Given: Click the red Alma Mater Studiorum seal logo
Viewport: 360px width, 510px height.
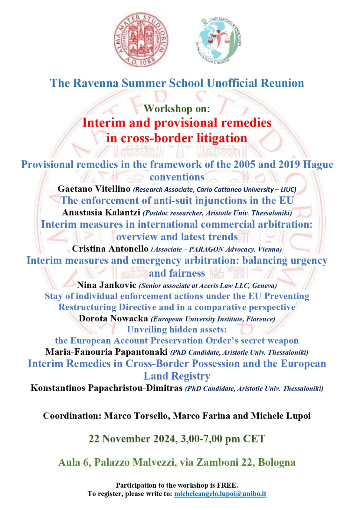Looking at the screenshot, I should tap(141, 40).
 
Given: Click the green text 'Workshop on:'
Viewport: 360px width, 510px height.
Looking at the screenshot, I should tap(177, 109).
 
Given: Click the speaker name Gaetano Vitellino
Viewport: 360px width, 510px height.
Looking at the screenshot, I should tap(94, 189).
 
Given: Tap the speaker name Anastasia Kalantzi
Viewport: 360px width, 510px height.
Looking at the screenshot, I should tap(101, 212).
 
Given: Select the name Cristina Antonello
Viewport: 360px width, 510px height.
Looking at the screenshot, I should tap(110, 249).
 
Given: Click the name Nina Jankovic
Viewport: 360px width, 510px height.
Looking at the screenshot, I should tap(106, 285).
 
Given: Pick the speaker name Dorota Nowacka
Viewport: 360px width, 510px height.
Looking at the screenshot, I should tap(113, 318).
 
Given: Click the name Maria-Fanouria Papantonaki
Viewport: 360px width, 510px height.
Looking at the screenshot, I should tap(106, 352).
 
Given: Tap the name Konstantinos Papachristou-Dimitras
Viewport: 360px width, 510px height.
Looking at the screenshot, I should tap(106, 388).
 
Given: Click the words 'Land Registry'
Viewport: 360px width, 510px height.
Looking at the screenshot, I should tap(177, 376).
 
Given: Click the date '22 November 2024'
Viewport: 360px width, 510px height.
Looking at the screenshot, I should tap(133, 439).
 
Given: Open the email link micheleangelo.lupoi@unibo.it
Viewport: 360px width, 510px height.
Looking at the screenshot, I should tap(220, 494).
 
